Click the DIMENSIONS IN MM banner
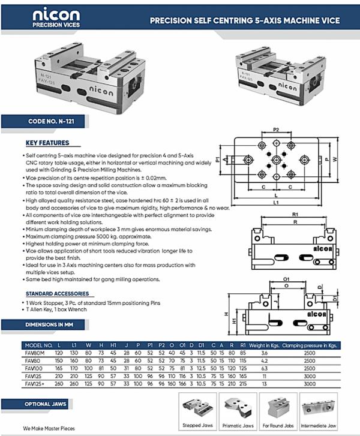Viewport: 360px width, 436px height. tap(46, 325)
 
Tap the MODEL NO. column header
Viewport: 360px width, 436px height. tap(38, 345)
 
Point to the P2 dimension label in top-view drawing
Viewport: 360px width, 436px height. tap(276, 129)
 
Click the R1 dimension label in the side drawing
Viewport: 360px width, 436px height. tap(295, 214)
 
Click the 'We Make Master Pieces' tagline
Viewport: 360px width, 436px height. tap(49, 429)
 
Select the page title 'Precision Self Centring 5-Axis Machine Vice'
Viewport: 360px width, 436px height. tap(244, 20)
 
